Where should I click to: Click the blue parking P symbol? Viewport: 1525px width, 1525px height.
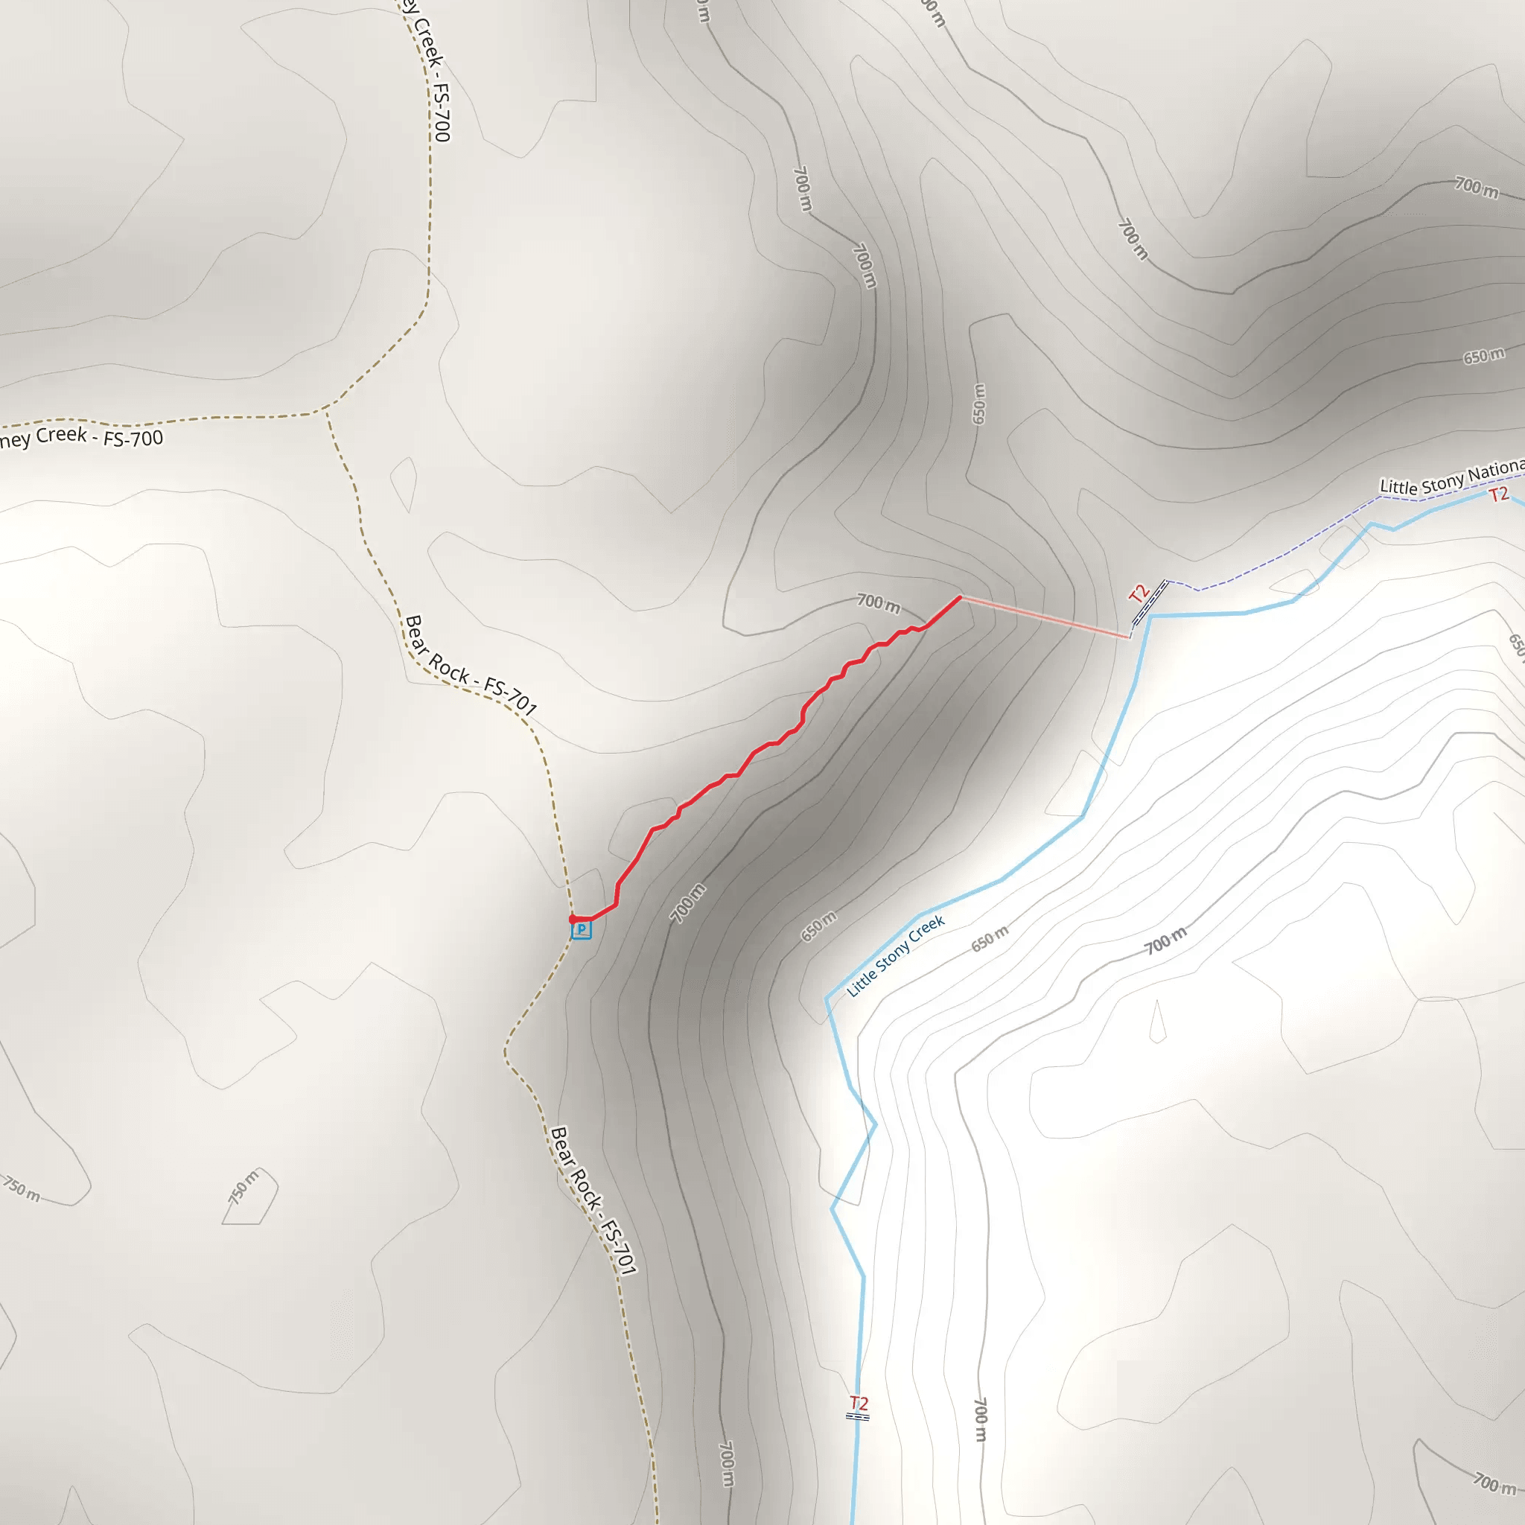pos(581,930)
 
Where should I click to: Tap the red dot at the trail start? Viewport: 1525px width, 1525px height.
pos(573,920)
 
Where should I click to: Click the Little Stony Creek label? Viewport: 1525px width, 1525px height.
pos(895,955)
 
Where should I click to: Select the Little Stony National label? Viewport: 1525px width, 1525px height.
pos(1451,477)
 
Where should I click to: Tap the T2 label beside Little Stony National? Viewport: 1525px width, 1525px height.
pos(1498,495)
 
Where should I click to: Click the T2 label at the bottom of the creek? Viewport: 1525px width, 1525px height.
pos(859,1403)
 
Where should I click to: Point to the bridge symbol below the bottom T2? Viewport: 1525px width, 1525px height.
pos(857,1416)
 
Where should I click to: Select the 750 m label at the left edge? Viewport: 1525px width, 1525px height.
pos(22,1188)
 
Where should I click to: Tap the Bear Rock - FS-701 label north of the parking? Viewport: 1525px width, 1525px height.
pos(471,666)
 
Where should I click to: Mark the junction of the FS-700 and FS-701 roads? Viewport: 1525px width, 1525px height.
pos(325,410)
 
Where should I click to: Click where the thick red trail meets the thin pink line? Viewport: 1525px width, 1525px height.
pos(960,597)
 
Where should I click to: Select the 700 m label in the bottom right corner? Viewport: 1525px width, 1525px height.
pos(1494,1483)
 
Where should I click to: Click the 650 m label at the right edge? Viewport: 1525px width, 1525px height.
pos(1484,356)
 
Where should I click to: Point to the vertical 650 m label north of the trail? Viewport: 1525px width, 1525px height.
pos(978,404)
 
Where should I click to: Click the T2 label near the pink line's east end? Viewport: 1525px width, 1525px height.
pos(1138,593)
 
